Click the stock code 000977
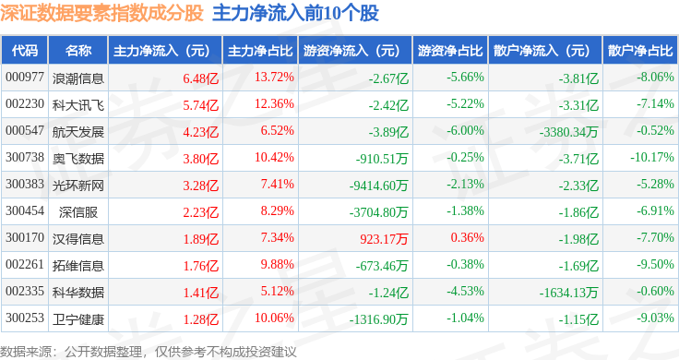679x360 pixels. [x=25, y=78]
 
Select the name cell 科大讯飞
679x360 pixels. [x=78, y=105]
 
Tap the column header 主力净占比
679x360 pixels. [x=260, y=51]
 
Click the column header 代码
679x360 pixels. [x=25, y=51]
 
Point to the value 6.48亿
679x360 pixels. [x=201, y=78]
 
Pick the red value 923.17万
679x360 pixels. [x=384, y=239]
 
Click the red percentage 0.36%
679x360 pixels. [x=467, y=237]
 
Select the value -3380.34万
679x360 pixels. [x=568, y=132]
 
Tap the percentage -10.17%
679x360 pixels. [x=652, y=157]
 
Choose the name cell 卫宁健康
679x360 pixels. [x=78, y=319]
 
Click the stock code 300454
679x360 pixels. [x=25, y=211]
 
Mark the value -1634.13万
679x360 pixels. [x=568, y=293]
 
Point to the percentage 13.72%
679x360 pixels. [x=274, y=78]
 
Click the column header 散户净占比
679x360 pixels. [x=640, y=51]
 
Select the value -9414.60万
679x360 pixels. [x=379, y=186]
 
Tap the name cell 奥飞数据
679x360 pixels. [x=78, y=159]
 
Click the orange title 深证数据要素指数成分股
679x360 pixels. [x=101, y=13]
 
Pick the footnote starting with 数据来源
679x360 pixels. [x=149, y=352]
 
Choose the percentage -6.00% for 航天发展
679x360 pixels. [x=466, y=130]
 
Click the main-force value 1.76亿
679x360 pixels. [x=201, y=266]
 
